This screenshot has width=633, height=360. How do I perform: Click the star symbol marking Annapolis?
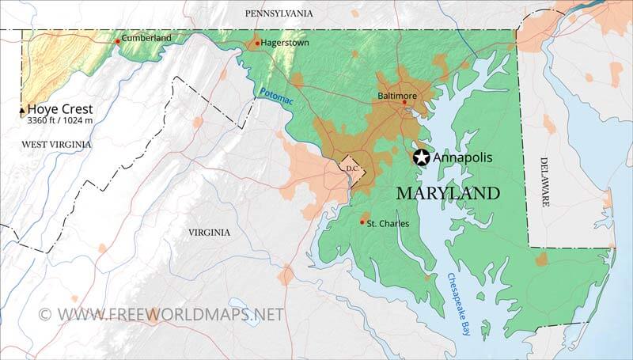(421, 157)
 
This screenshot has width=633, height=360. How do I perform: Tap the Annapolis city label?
(462, 157)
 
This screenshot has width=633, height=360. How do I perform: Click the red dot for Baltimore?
(404, 102)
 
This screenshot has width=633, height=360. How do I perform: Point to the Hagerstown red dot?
(257, 44)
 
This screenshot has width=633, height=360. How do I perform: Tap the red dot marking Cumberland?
(118, 40)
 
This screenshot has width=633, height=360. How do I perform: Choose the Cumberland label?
(146, 38)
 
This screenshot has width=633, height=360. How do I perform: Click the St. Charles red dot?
(362, 222)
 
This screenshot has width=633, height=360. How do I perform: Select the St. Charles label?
(388, 224)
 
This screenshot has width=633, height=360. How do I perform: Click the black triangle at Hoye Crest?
(21, 112)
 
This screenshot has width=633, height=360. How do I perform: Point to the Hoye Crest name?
(59, 109)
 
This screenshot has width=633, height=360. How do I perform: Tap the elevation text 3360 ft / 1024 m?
(60, 121)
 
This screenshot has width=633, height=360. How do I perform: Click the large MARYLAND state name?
(448, 193)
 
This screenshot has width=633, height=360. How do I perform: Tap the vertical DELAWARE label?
(545, 181)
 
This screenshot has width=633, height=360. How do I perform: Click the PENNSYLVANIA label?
(279, 13)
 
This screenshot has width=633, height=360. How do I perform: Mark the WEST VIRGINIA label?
(56, 144)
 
